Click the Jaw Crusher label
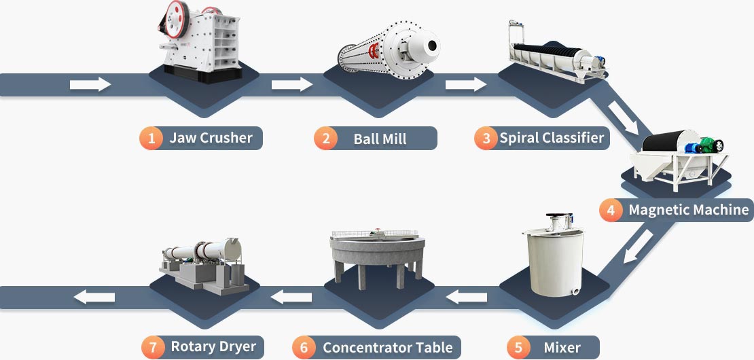pyautogui.click(x=211, y=138)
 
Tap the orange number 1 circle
pyautogui.click(x=151, y=139)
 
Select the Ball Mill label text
pyautogui.click(x=380, y=139)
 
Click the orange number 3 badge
pyautogui.click(x=486, y=139)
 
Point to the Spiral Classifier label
pyautogui.click(x=552, y=138)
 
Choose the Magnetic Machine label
pyautogui.click(x=688, y=209)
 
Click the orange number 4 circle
pyautogui.click(x=611, y=210)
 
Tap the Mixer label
pyautogui.click(x=562, y=348)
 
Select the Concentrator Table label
pyautogui.click(x=387, y=348)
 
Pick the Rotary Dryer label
pyautogui.click(x=213, y=346)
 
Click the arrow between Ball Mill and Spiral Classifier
pyautogui.click(x=466, y=84)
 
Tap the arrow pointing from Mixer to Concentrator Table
pyautogui.click(x=467, y=296)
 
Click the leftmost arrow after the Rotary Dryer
pyautogui.click(x=94, y=296)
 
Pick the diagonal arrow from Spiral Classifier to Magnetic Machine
pyautogui.click(x=624, y=116)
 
